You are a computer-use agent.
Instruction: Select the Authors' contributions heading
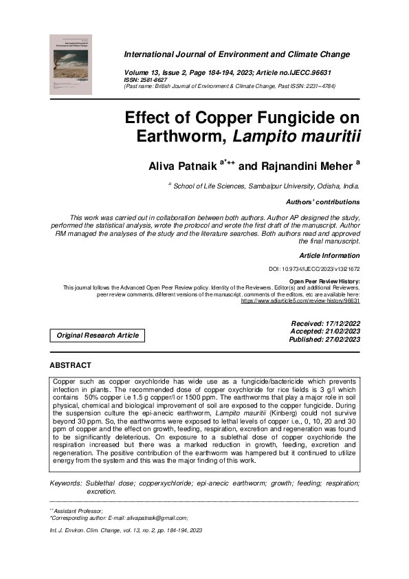coord(322,202)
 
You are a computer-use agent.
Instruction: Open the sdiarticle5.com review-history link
coord(300,301)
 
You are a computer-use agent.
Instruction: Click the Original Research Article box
coord(98,336)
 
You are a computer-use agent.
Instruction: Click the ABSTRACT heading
coord(70,365)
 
